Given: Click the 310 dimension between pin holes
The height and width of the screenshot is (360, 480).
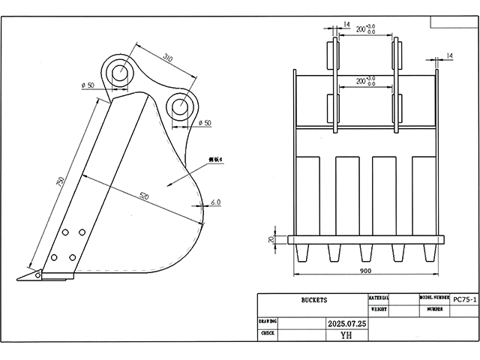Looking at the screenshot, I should pos(166,58).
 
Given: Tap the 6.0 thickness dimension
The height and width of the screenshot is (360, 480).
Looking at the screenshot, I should pos(216,202).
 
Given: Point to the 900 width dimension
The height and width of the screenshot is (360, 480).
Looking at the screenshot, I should pos(365,270).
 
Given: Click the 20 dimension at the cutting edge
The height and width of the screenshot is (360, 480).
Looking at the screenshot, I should pos(272,240).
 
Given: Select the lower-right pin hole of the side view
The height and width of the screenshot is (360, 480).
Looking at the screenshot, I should pos(180,106).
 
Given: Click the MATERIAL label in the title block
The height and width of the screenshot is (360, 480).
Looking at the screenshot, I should pos(379,298).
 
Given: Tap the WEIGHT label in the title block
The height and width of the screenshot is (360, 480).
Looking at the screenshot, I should pos(379,308).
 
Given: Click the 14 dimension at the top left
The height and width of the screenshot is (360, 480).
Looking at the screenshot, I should pos(346,25).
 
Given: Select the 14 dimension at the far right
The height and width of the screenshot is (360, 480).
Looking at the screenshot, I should pos(449,55).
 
